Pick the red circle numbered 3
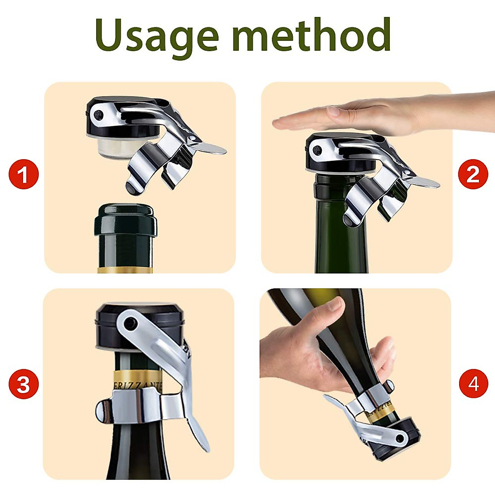(24, 384)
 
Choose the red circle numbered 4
(473, 384)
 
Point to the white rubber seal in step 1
(111, 146)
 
